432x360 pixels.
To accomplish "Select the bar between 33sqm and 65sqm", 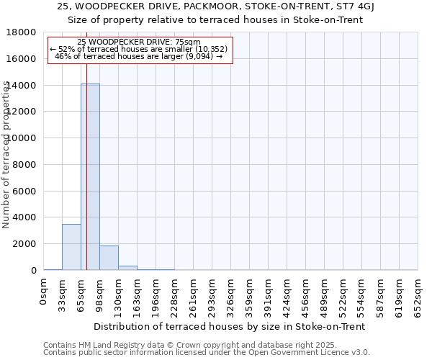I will (71, 247).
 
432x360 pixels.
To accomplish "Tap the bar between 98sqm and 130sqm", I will (109, 258).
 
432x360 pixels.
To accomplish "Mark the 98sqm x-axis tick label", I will (100, 295).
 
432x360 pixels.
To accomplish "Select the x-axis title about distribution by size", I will (230, 326).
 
